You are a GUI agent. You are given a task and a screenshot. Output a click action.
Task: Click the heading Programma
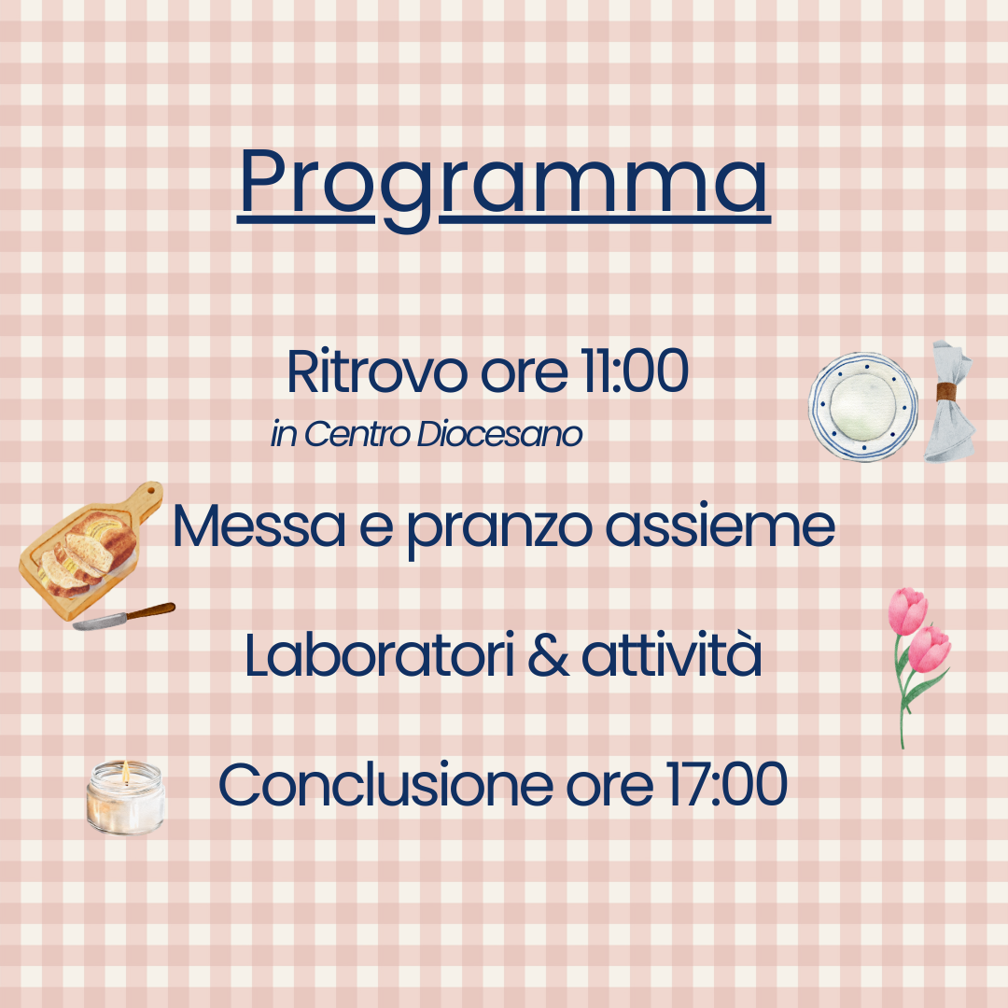click(504, 187)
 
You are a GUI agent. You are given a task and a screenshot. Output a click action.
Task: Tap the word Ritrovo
click(377, 371)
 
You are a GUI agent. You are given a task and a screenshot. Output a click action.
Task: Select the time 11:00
click(635, 371)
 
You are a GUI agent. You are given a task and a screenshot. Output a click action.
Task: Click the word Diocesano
click(499, 434)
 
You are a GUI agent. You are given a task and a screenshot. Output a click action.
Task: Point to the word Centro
click(357, 434)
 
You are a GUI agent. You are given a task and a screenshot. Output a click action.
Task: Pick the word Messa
click(259, 526)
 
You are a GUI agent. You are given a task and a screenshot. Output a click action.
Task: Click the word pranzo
click(500, 531)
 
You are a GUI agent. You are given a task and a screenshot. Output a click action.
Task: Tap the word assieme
click(721, 525)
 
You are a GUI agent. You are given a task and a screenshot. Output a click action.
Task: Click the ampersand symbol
click(549, 656)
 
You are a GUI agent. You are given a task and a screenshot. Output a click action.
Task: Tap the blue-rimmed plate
click(863, 406)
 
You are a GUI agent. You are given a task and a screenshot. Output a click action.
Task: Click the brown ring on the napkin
click(948, 390)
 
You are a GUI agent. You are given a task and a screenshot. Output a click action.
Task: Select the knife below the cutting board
click(123, 616)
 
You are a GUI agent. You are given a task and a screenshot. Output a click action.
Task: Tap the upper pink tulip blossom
click(907, 610)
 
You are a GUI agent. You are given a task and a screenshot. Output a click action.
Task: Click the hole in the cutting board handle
click(151, 491)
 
